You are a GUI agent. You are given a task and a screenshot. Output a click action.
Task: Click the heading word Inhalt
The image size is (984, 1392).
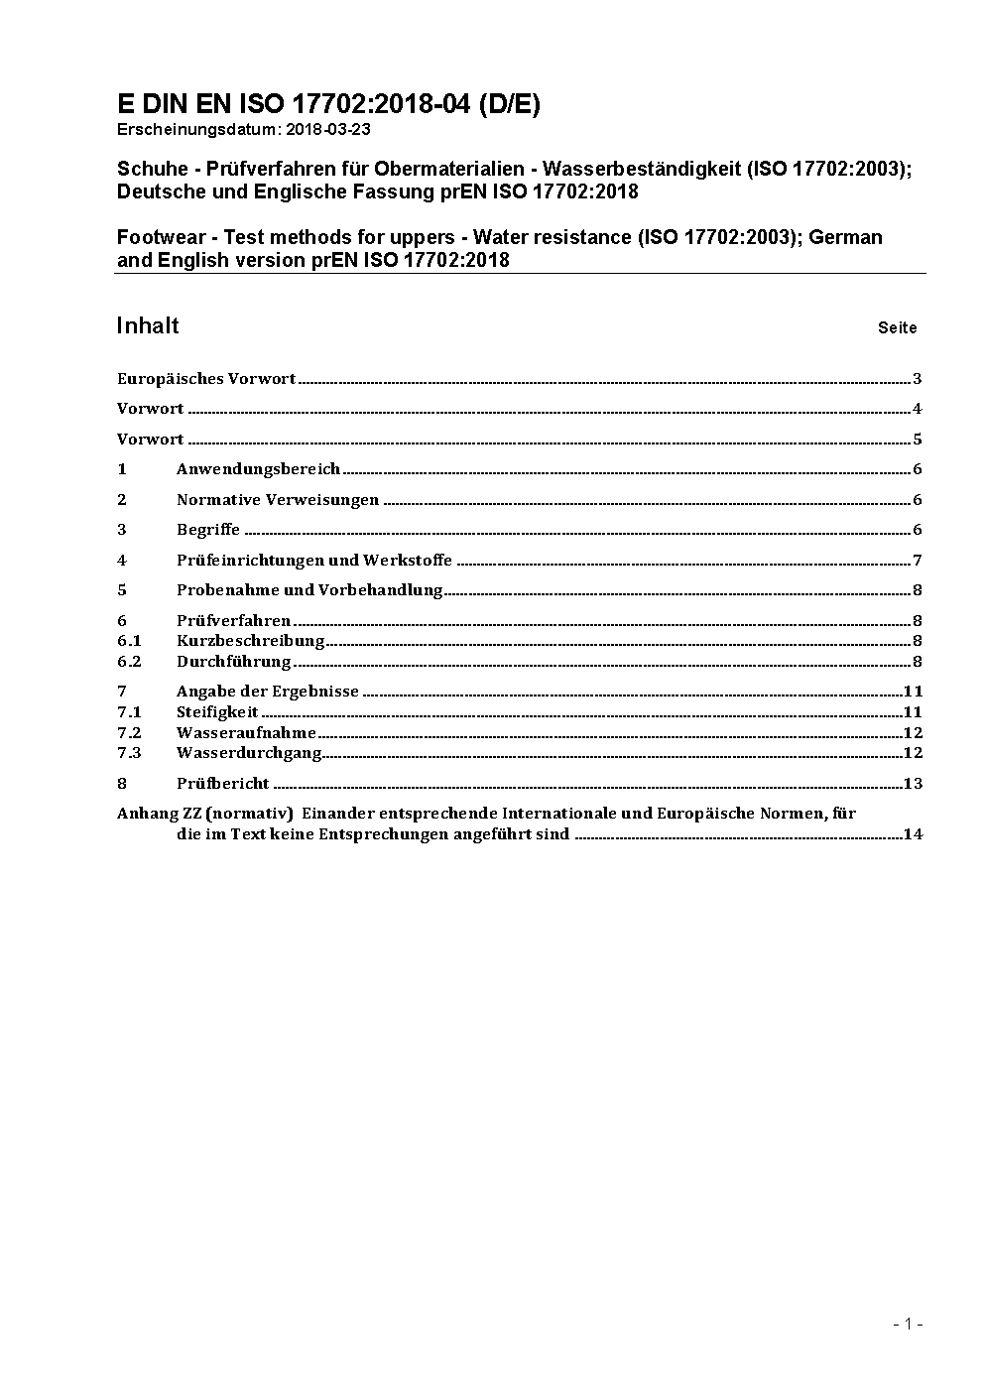tap(148, 325)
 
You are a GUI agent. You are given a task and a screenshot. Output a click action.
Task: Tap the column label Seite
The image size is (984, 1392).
tap(897, 327)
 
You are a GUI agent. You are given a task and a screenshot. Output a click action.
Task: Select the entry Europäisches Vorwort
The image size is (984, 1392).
tap(206, 379)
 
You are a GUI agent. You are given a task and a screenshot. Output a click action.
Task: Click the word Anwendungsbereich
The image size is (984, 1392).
tap(258, 469)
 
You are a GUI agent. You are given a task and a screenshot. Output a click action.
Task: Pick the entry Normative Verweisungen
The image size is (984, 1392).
tap(278, 500)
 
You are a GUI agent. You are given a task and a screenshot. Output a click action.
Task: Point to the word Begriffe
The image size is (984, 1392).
tap(208, 530)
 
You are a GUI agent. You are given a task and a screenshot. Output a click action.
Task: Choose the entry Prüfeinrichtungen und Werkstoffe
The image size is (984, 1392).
tap(314, 561)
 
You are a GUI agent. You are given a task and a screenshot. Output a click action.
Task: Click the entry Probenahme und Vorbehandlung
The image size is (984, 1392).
tap(309, 590)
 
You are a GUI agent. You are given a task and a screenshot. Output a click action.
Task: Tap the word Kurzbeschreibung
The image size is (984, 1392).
tap(251, 641)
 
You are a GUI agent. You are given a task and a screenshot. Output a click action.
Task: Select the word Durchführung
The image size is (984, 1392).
tap(234, 662)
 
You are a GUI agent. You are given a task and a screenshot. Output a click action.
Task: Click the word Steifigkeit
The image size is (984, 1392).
tap(217, 712)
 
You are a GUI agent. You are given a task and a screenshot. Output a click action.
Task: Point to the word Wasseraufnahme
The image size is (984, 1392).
tap(246, 733)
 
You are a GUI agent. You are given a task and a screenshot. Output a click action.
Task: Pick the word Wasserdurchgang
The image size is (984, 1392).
tap(249, 753)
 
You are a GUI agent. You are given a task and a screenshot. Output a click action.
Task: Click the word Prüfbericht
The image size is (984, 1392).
tap(223, 784)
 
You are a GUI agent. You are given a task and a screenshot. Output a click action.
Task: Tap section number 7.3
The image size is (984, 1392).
tap(129, 753)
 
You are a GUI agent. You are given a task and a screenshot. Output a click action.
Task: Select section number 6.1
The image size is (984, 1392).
tap(129, 641)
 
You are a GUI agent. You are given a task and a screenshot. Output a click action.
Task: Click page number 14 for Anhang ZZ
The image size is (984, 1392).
tap(913, 834)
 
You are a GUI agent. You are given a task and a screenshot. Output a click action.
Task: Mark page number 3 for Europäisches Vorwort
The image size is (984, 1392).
tap(918, 379)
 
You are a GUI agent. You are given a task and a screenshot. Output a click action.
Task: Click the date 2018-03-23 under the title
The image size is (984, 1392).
tap(327, 129)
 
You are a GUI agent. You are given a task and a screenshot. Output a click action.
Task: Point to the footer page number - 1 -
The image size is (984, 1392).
tap(909, 1324)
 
